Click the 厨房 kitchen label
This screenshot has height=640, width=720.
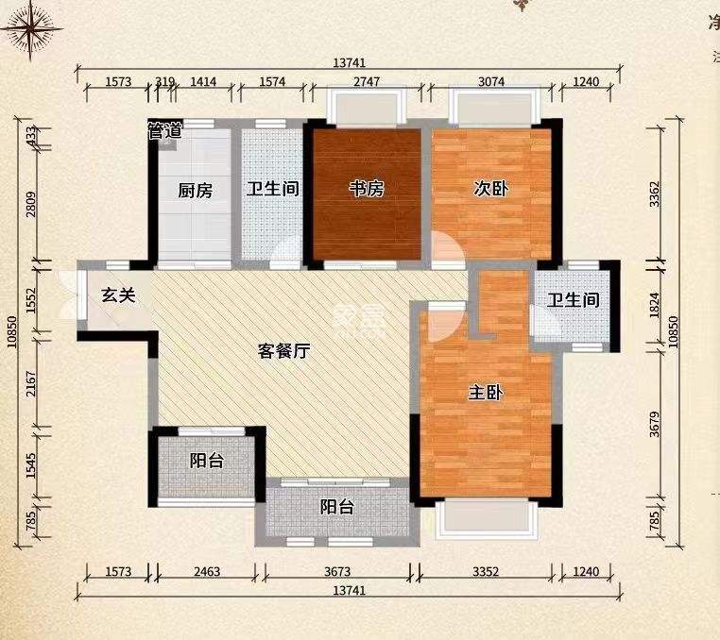(x=196, y=190)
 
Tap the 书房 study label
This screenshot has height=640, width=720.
(x=367, y=189)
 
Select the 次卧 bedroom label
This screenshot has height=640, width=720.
(x=491, y=189)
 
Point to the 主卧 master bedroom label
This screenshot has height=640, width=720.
(x=485, y=394)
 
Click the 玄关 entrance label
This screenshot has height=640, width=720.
(x=119, y=295)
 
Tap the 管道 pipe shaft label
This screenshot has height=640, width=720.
(x=164, y=131)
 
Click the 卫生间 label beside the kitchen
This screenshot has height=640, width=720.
(x=273, y=189)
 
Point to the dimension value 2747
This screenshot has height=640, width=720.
(x=367, y=82)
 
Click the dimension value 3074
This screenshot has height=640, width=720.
(x=491, y=82)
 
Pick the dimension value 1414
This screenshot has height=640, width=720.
(x=204, y=82)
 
